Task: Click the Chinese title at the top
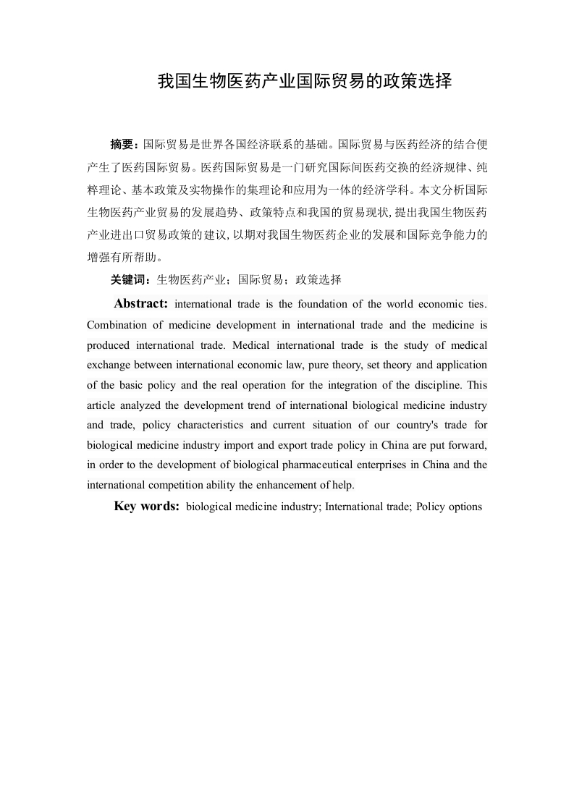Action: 305,82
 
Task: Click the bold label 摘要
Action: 122,143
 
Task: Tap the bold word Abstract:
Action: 140,303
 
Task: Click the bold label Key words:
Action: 147,507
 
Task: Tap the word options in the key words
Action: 465,507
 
